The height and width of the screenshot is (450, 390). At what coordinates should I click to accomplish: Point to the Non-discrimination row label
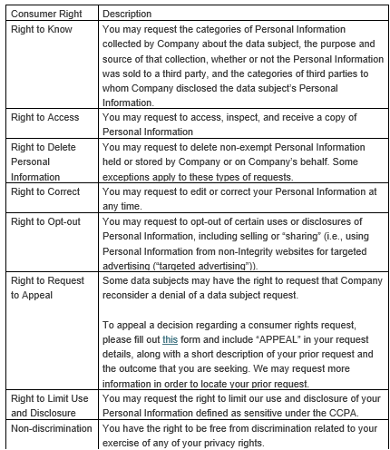(47, 426)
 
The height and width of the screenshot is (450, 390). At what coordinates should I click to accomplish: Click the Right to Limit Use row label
(50, 397)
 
